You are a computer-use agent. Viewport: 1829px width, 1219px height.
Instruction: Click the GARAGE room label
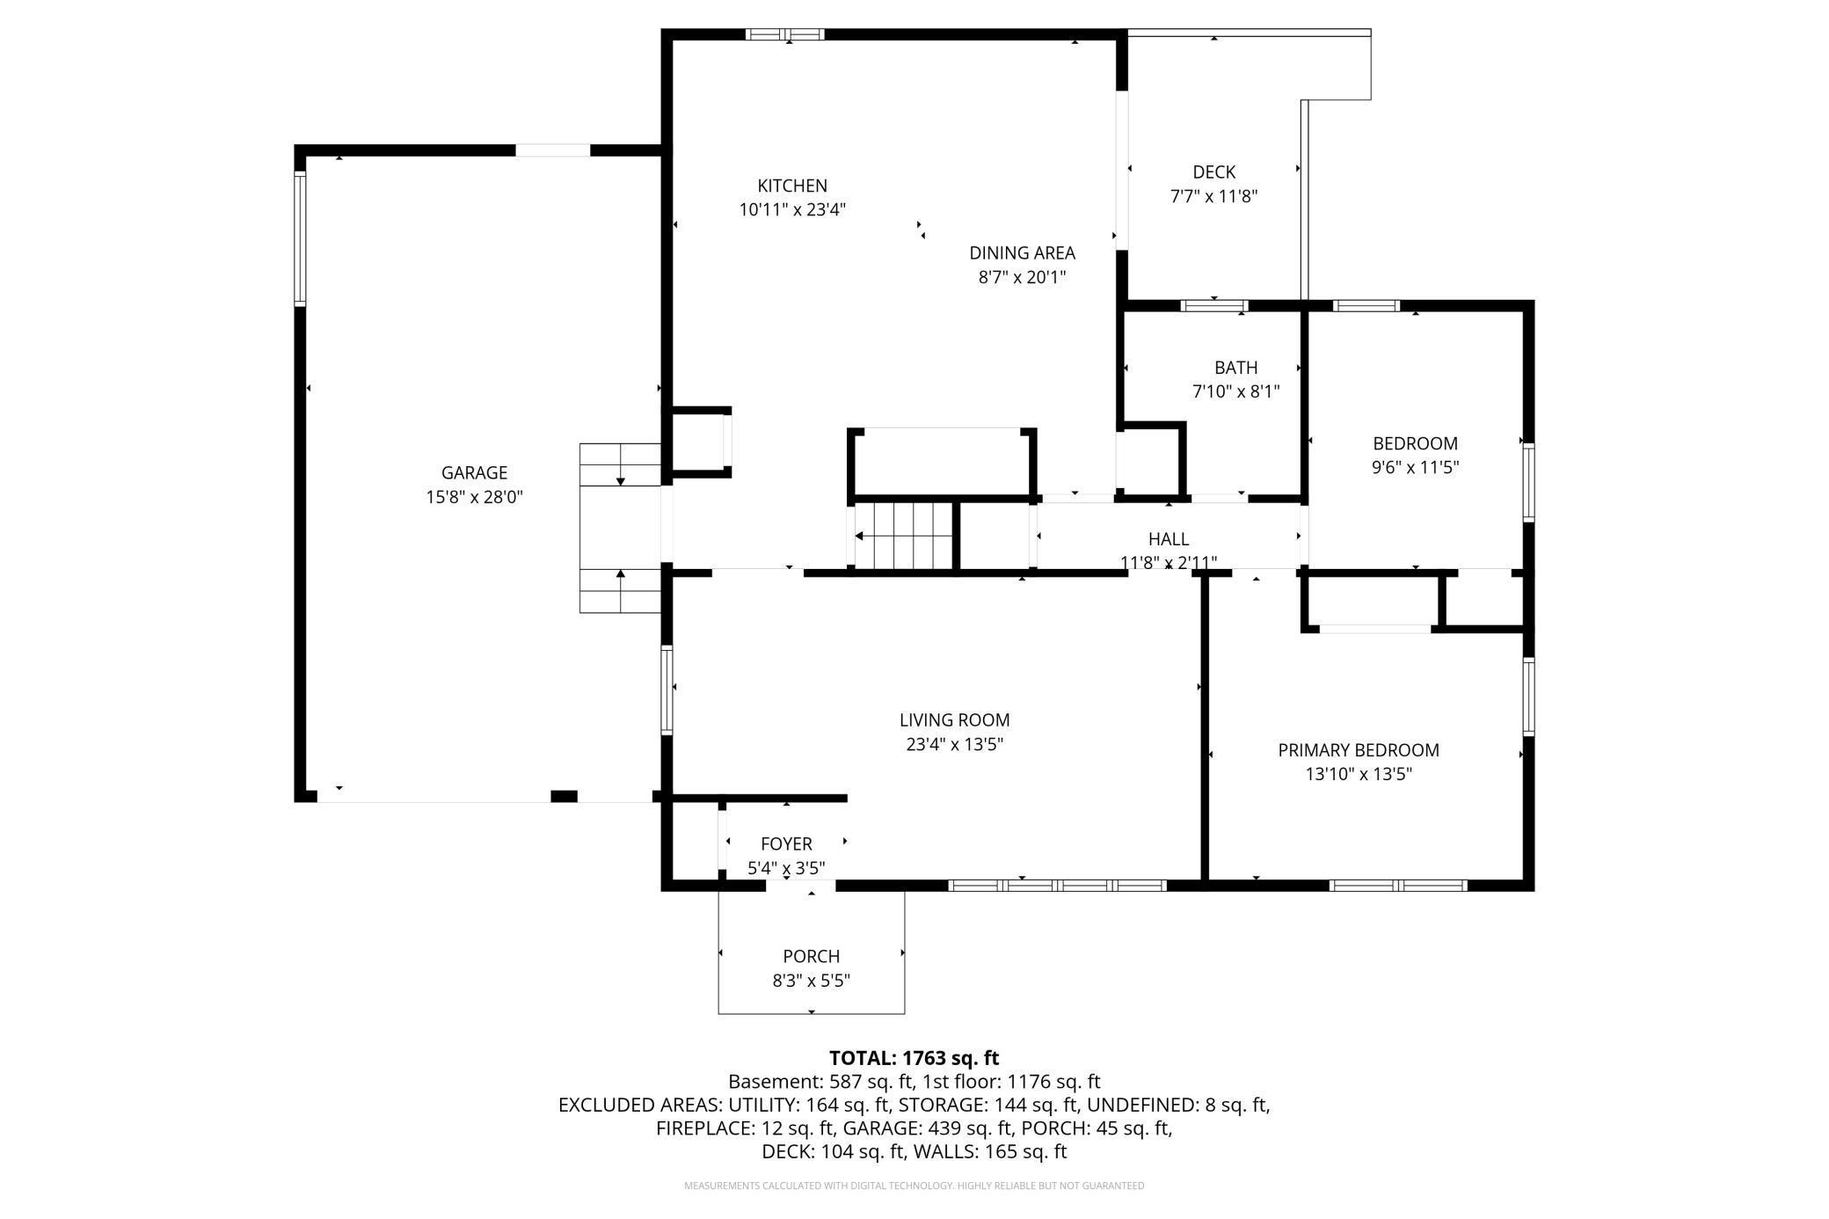474,473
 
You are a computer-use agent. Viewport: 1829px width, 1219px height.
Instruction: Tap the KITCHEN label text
792,186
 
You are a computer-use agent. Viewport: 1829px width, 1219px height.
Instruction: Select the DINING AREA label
1022,253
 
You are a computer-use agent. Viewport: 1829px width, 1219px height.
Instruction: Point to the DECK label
1213,172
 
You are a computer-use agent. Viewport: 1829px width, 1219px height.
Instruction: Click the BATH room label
1235,368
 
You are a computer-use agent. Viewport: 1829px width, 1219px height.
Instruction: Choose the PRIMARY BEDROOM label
1359,750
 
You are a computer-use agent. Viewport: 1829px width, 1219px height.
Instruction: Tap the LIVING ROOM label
954,720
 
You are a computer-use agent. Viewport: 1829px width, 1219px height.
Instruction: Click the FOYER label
786,844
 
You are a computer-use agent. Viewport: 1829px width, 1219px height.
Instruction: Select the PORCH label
811,956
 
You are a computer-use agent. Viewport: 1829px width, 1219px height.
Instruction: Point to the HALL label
1168,539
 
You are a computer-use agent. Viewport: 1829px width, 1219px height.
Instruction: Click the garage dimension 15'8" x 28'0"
474,498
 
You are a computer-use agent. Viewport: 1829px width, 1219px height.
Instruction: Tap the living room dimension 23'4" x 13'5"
954,745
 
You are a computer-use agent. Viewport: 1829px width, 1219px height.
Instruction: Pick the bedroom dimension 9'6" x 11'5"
1415,468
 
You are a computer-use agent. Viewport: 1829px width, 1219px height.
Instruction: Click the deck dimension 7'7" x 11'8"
1213,197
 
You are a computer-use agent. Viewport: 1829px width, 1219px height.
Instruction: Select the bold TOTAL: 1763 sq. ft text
914,1058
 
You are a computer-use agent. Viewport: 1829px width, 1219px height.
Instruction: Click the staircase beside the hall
902,537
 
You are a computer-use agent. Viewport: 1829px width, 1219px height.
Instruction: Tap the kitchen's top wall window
784,34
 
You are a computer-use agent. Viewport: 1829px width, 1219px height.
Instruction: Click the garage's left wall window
300,238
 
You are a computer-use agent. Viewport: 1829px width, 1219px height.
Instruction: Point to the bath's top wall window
1214,306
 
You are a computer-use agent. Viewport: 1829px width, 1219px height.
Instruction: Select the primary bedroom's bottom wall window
1398,885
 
